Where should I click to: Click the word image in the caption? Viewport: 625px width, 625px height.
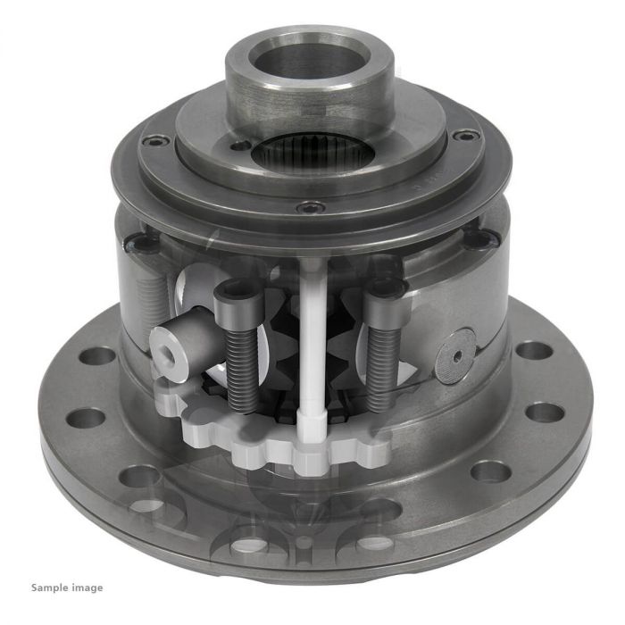[87, 587]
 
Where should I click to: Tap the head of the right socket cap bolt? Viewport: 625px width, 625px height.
[387, 288]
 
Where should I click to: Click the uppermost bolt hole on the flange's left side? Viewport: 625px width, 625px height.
[97, 354]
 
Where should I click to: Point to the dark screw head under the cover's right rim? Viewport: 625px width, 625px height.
[483, 239]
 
